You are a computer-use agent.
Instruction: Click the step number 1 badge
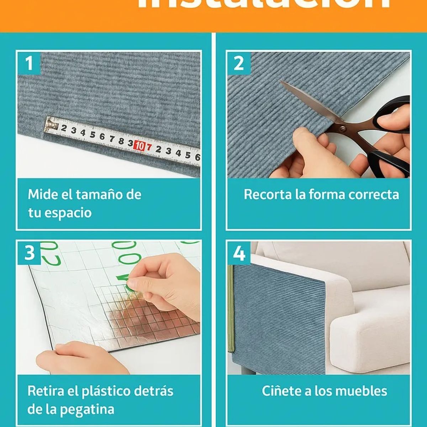tap(29, 63)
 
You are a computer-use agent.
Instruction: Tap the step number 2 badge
tap(238, 63)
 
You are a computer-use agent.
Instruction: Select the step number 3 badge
tap(29, 252)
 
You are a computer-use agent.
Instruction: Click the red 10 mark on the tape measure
tap(140, 146)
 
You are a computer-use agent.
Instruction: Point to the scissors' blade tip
tap(282, 83)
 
